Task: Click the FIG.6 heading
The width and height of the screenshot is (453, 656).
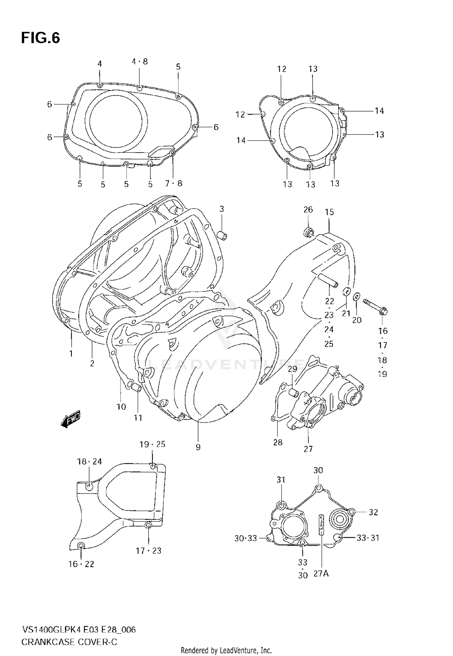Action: pos(40,38)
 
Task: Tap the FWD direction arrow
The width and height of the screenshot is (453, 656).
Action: pos(70,419)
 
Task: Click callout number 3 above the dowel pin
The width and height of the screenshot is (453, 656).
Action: pos(222,209)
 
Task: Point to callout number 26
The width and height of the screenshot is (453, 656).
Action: pos(308,210)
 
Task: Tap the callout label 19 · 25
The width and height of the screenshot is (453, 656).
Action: pos(152,444)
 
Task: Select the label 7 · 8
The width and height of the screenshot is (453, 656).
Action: pos(174,183)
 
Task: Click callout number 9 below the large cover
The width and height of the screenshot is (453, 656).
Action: pos(198,447)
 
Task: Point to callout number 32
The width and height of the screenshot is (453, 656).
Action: pos(373,512)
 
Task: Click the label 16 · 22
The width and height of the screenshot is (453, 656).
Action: pos(81,564)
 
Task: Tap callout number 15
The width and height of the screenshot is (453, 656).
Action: pos(329,212)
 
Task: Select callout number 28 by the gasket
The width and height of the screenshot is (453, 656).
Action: pos(278,442)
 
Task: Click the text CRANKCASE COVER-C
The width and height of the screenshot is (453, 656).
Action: pos(69,642)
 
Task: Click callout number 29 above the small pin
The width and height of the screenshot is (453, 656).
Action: pos(292,369)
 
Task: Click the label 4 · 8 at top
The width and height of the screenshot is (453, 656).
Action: pos(140,62)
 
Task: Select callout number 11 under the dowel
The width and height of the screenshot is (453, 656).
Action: pos(138,418)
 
